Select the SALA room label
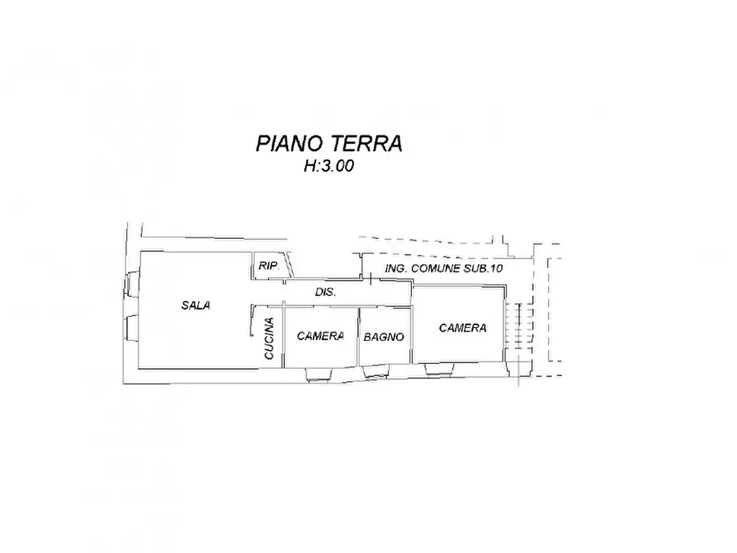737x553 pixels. pyautogui.click(x=196, y=305)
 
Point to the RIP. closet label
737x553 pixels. pyautogui.click(x=267, y=266)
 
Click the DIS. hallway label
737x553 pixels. pyautogui.click(x=324, y=293)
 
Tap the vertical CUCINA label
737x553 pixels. pyautogui.click(x=269, y=338)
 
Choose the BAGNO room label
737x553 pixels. pyautogui.click(x=383, y=337)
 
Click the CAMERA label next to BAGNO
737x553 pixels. pyautogui.click(x=320, y=336)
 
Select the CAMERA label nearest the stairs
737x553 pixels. pyautogui.click(x=462, y=328)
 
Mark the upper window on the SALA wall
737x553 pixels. pyautogui.click(x=130, y=286)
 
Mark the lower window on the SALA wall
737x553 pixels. pyautogui.click(x=130, y=327)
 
